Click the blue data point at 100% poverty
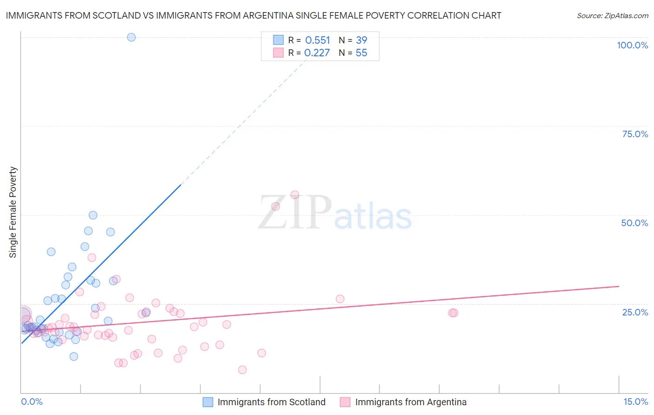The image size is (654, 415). pos(131,37)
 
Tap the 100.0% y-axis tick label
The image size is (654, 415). pos(632,45)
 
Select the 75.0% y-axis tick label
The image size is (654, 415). pos(635,134)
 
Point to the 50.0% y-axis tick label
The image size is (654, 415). pos(634,223)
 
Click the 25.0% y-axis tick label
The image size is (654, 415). pos(635,312)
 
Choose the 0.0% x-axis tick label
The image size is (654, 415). pos(32,402)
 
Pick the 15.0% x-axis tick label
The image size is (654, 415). pos(635,402)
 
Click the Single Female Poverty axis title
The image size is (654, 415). pos(13,212)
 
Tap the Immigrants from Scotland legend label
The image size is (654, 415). pos(271,402)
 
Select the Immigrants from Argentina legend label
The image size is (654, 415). pos(411,402)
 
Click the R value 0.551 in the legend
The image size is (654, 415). pos(317,40)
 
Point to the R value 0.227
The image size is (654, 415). pos(317,53)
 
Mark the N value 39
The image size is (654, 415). pos(361,40)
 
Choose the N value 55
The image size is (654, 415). pos(361,53)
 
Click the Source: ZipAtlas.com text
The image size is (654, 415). pos(612,16)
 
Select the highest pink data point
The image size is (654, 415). pos(294,195)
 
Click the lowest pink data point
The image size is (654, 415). pos(242,370)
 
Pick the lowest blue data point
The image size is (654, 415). pos(73,356)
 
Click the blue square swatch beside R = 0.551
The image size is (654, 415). pos(278,40)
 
